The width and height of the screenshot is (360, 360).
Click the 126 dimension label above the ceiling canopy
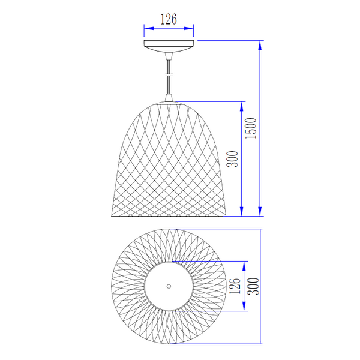coord(169,19)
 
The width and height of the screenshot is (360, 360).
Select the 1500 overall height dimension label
coord(250,128)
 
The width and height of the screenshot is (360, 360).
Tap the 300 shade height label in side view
coord(233,159)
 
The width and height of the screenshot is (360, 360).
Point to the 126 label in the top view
coord(235,286)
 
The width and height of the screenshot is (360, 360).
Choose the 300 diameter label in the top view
coord(254,286)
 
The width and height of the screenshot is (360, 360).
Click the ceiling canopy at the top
coord(169,46)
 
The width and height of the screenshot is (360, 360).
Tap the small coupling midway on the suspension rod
coord(169,74)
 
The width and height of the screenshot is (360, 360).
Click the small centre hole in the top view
coord(169,286)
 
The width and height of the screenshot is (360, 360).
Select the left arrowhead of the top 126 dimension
coord(149,28)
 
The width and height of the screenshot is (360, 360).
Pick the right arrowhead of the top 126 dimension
coord(189,28)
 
